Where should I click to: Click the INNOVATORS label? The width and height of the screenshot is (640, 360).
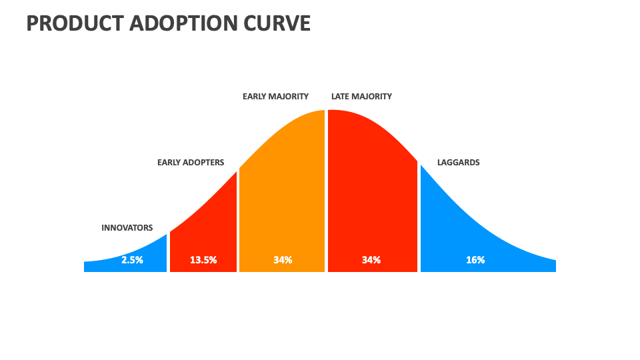[x=127, y=228]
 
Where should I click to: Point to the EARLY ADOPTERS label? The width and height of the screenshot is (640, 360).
[x=191, y=163]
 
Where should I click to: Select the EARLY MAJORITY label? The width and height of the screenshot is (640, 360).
[x=275, y=97]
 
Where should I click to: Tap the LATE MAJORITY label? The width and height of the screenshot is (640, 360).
[x=361, y=97]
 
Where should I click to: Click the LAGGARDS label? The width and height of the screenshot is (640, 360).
[x=458, y=163]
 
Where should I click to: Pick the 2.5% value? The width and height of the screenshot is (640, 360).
[x=132, y=260]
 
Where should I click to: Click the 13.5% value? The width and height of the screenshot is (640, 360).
[x=203, y=260]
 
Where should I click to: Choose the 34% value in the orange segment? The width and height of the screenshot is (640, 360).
[x=283, y=260]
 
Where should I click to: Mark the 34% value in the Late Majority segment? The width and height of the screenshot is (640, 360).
[x=371, y=260]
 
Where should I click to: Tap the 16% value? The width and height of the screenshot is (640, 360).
[x=475, y=260]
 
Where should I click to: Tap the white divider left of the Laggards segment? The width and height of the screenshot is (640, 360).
[x=419, y=220]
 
